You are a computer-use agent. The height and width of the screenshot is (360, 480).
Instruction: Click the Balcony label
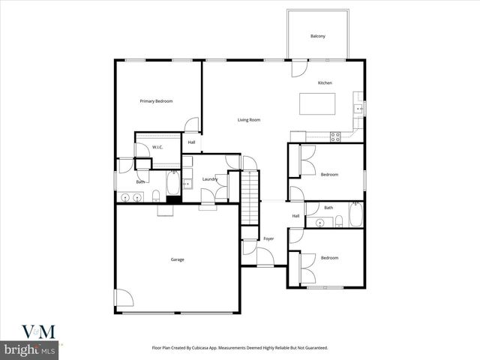[318, 36]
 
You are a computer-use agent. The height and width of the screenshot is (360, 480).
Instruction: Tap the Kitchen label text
[325, 82]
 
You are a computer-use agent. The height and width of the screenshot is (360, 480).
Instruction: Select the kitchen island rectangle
[318, 103]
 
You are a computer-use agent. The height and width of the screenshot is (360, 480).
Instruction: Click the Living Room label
[249, 120]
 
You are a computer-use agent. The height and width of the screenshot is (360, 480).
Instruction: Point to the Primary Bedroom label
[157, 100]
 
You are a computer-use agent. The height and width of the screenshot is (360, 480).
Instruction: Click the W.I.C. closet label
[157, 147]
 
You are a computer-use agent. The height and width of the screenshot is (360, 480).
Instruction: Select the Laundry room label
[210, 178]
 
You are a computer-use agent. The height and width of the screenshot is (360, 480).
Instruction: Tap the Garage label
[178, 259]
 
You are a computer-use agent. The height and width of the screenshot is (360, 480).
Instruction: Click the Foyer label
[268, 238]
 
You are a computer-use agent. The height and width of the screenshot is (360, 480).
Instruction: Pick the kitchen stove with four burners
[335, 136]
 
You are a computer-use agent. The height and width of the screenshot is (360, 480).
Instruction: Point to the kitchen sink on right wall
[359, 109]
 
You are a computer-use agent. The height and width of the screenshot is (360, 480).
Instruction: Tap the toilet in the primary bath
[156, 196]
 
